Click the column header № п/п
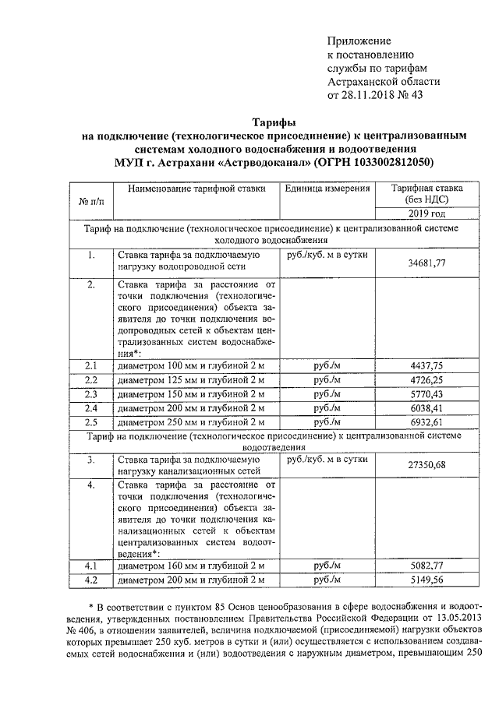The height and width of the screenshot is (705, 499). coord(90,202)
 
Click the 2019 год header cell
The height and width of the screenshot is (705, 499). coord(427,213)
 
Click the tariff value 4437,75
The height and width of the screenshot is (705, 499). coord(426,365)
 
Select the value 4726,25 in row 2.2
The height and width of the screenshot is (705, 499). coord(426,379)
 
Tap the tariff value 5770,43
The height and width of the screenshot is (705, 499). coord(426,394)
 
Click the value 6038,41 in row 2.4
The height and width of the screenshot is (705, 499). coord(426,408)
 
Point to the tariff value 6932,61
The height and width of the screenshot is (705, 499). coord(426,422)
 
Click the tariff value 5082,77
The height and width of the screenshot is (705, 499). coord(426,566)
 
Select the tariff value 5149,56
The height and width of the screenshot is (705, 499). coord(426,580)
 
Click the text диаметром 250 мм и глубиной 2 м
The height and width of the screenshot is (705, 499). coord(191,422)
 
